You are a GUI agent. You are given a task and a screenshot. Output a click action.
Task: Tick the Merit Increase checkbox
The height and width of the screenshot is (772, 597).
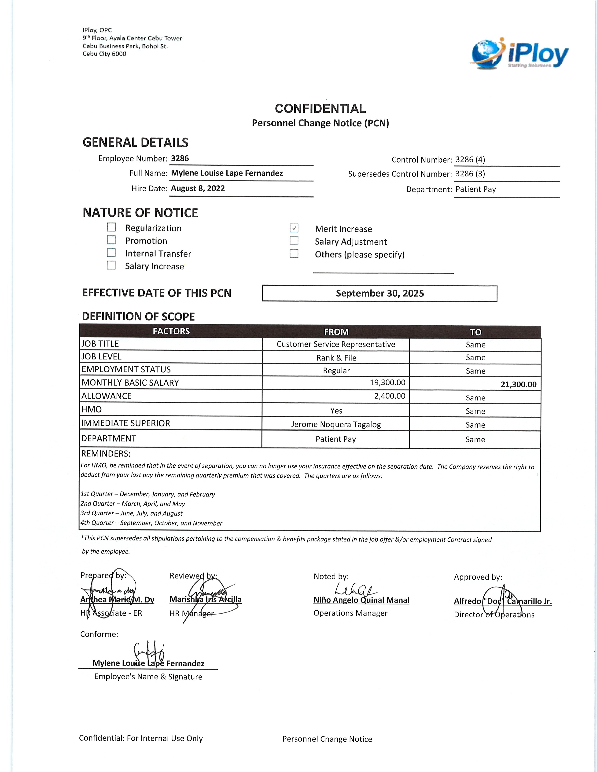tap(294, 228)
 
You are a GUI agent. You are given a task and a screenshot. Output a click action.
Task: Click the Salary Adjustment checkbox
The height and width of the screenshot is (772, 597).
tap(294, 241)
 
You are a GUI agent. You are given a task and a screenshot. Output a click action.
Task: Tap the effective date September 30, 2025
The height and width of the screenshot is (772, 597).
tap(380, 293)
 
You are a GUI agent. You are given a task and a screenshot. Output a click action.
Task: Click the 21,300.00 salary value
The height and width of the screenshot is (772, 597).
tap(519, 385)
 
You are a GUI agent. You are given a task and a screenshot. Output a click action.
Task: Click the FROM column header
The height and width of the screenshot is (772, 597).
tap(336, 332)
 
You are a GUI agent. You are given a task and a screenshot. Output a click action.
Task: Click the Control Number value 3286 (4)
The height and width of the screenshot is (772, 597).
tap(470, 160)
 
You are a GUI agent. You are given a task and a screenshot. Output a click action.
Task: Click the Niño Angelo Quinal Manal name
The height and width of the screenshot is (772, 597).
tap(361, 600)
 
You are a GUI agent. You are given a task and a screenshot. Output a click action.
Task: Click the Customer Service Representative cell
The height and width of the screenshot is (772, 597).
tap(336, 345)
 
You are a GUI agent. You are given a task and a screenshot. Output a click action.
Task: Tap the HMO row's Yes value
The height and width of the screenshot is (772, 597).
tap(336, 411)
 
